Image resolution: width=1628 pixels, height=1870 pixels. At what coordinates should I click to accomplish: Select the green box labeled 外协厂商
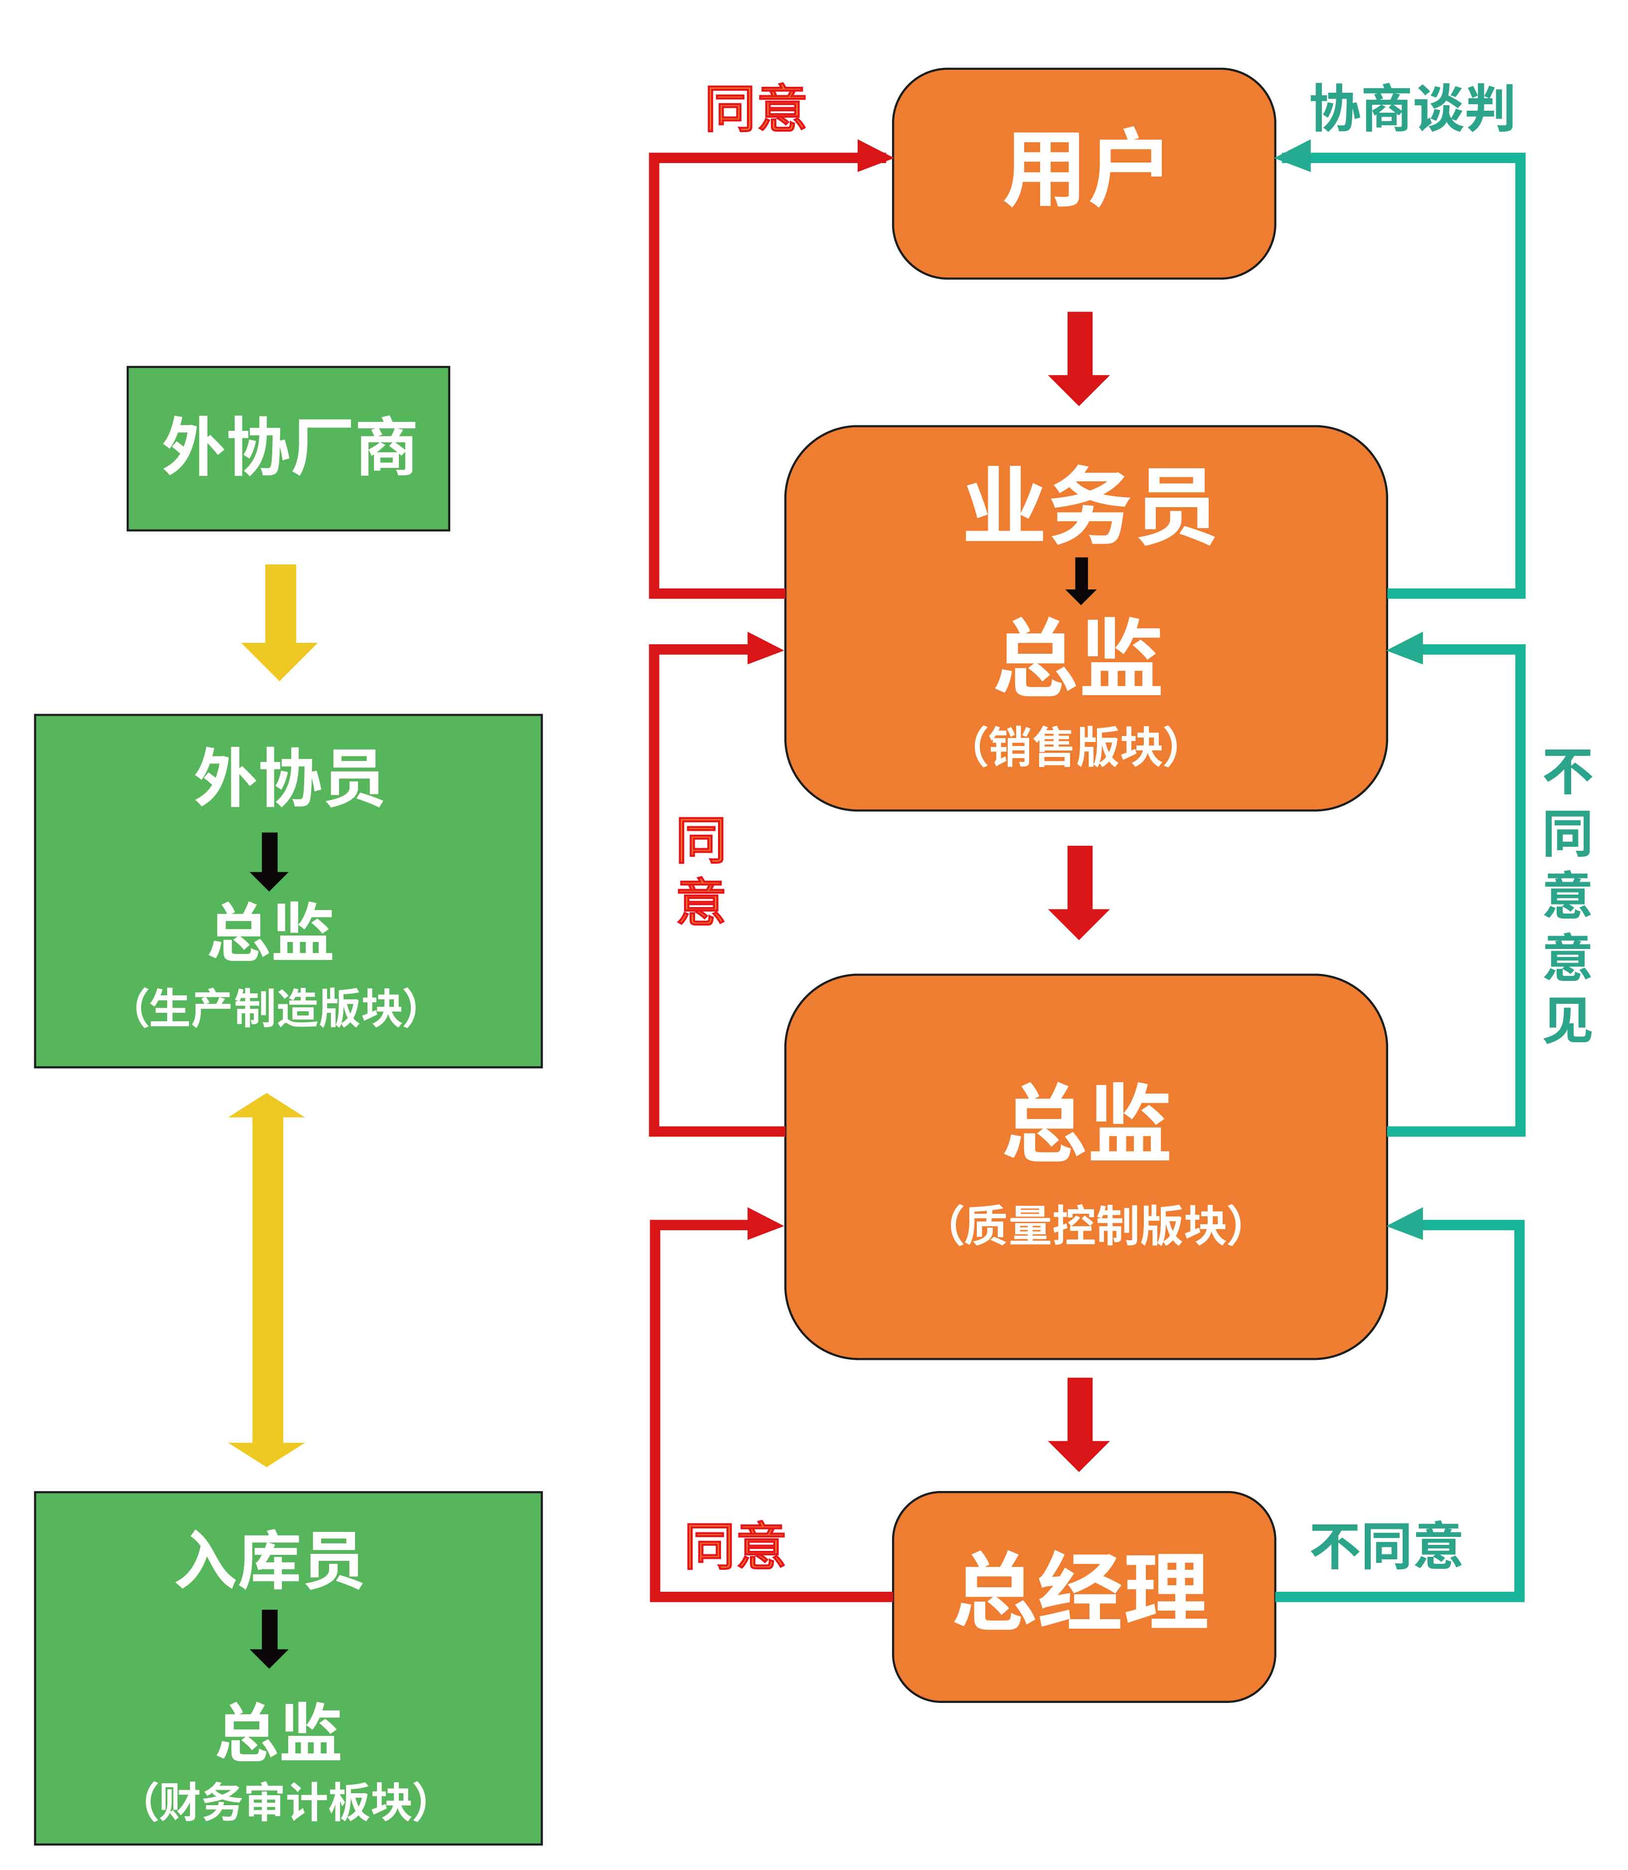click(x=288, y=448)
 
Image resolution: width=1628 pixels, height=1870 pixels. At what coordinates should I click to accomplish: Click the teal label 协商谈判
click(x=1411, y=109)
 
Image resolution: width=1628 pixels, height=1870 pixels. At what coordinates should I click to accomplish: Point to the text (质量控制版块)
click(x=1094, y=1226)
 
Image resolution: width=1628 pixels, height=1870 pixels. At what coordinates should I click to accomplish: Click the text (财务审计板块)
click(x=285, y=1802)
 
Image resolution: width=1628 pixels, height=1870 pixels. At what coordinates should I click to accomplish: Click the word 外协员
click(x=288, y=777)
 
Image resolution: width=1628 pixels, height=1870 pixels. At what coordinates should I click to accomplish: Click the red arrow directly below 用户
click(x=1080, y=358)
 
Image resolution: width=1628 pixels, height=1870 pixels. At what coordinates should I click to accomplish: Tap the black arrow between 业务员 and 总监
click(x=1080, y=580)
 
